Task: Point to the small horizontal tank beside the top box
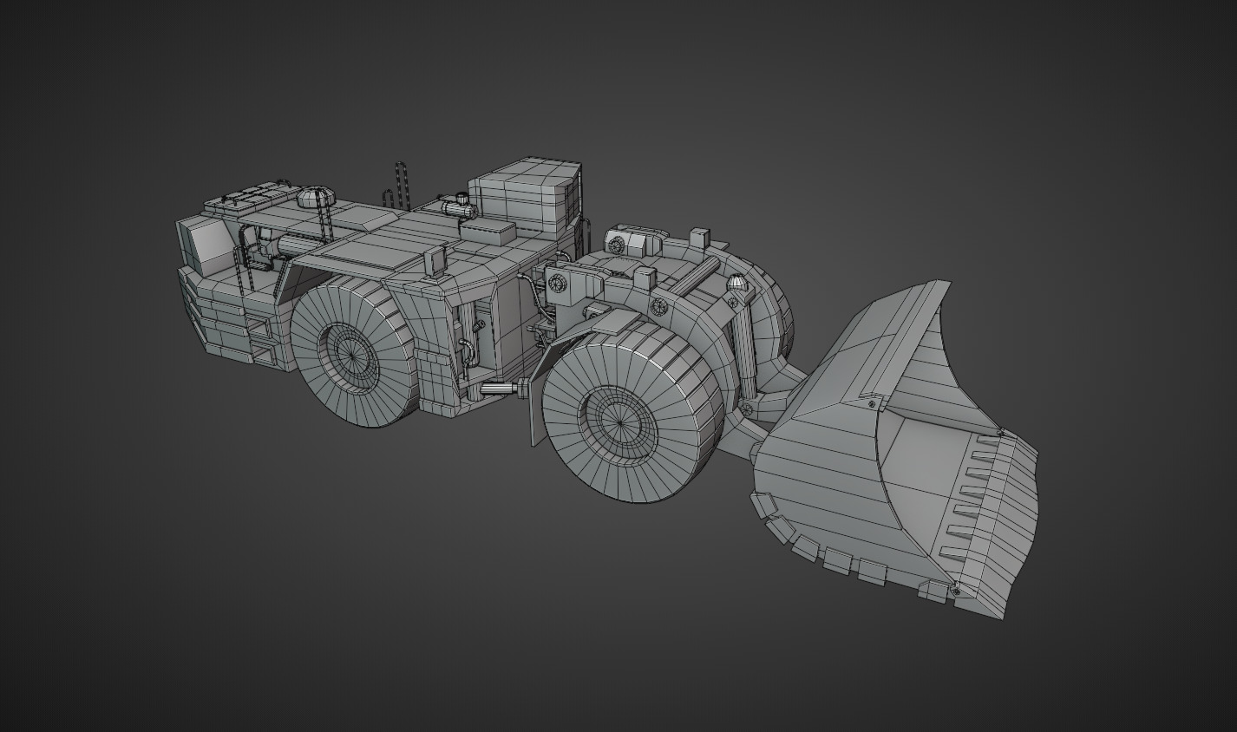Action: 457,207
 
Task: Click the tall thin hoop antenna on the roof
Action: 401,184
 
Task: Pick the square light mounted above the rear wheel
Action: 435,257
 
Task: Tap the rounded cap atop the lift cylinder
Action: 736,283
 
